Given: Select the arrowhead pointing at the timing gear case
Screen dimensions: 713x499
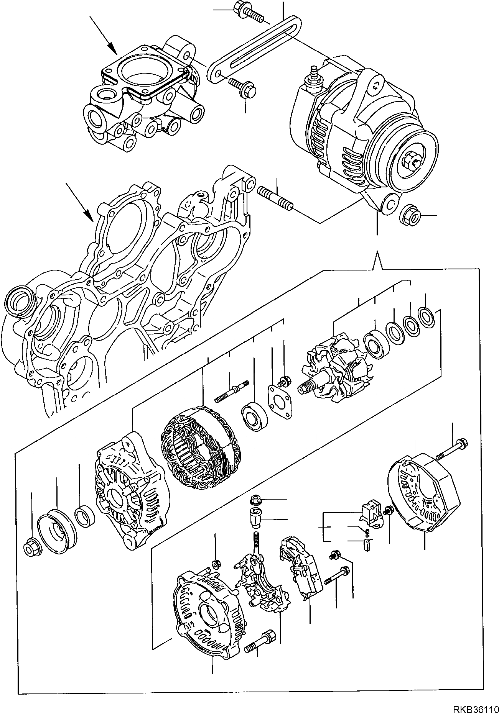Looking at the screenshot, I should coord(89,217).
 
